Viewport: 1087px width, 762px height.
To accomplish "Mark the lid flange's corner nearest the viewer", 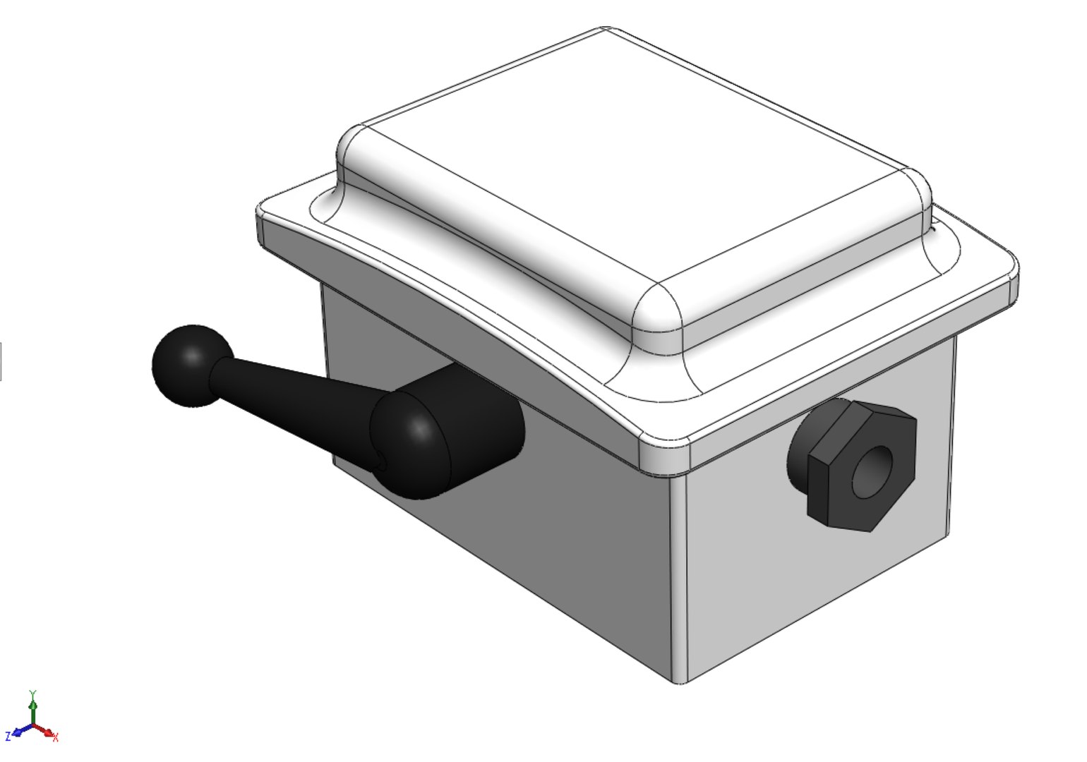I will tap(663, 455).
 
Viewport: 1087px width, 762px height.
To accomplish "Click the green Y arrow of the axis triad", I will tap(32, 709).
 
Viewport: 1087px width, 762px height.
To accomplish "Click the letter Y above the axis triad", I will tap(32, 694).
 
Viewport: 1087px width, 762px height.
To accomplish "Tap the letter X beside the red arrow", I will tap(56, 738).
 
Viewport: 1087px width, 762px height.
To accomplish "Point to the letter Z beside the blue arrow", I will tap(8, 737).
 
